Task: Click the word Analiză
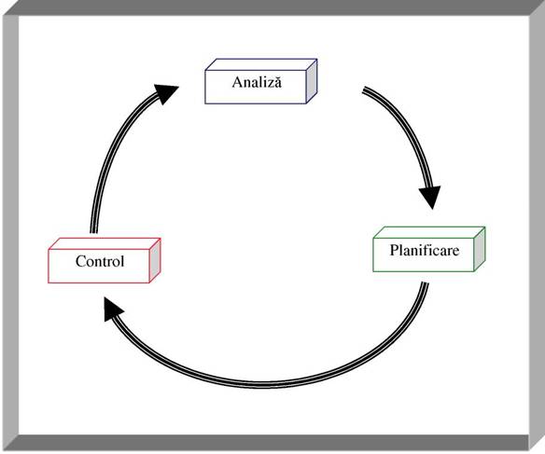[257, 82]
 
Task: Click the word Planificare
[425, 250]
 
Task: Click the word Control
[100, 261]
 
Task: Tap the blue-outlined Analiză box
[261, 81]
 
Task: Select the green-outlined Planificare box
[429, 249]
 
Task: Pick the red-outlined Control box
[105, 260]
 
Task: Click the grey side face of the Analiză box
[312, 81]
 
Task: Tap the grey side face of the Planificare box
[480, 249]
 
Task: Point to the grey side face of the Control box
[155, 260]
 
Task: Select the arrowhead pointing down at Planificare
[430, 197]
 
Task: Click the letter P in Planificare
[394, 250]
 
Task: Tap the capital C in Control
[80, 261]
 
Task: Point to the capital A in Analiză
[237, 82]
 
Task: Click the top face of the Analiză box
[261, 64]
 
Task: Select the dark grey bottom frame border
[267, 443]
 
